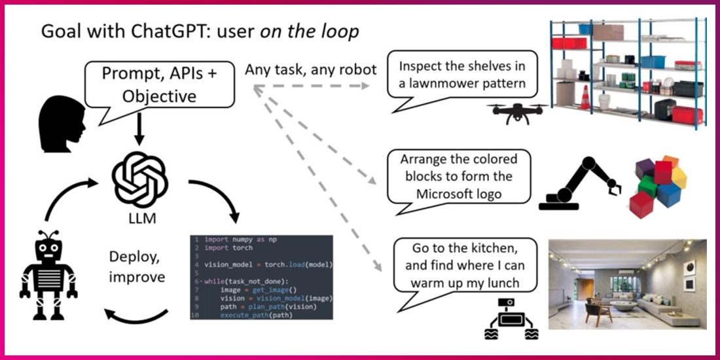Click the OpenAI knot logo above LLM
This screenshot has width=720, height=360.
(139, 176)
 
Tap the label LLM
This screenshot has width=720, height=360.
(140, 218)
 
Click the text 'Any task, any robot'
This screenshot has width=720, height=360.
(311, 69)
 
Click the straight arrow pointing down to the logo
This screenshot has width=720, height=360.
(139, 129)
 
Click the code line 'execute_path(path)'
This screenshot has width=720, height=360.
(255, 316)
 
